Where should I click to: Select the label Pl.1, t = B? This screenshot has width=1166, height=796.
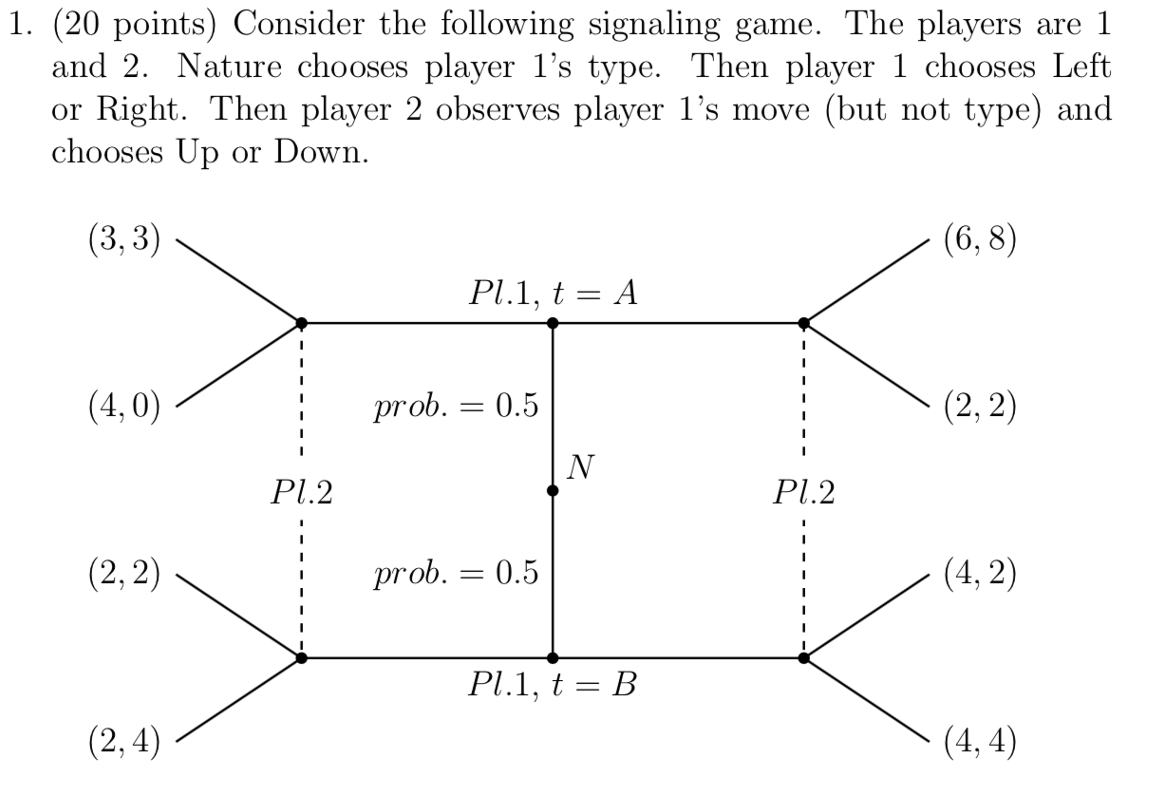click(x=552, y=684)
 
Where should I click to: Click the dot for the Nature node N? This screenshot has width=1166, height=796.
click(x=553, y=491)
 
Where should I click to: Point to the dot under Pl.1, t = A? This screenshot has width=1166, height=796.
click(x=553, y=323)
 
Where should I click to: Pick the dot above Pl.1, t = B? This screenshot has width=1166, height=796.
click(x=553, y=657)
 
